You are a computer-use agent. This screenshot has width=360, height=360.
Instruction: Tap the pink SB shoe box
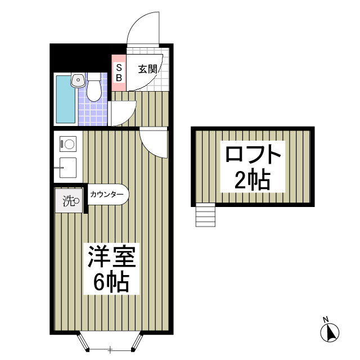[119, 73]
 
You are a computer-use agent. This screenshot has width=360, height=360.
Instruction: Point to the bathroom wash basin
[78, 81]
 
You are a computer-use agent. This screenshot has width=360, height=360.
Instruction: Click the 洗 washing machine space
[70, 200]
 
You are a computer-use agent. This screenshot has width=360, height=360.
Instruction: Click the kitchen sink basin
[68, 167]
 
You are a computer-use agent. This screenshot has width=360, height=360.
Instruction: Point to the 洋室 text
[111, 258]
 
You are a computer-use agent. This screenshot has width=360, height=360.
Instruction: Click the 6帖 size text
[111, 282]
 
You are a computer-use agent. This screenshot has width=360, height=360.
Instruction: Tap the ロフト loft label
[253, 154]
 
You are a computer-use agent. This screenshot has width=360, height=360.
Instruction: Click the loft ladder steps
[205, 216]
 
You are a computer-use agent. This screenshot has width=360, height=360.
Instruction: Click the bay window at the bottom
[110, 341]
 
